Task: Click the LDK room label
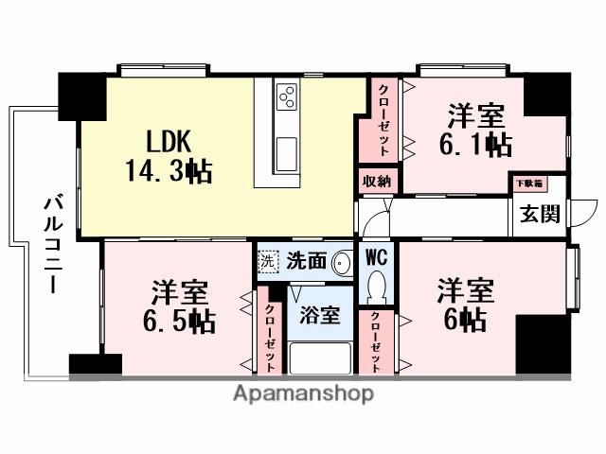click(169, 142)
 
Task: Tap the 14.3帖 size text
click(169, 171)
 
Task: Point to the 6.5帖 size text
click(179, 320)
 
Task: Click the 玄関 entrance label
click(538, 213)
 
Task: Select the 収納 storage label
click(377, 180)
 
